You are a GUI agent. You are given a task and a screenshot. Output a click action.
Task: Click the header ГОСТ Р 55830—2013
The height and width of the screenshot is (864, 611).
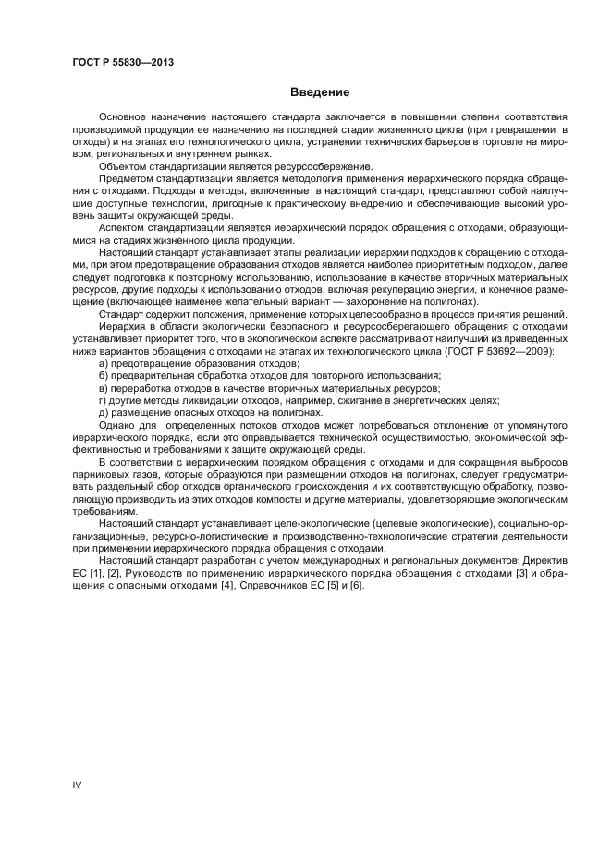click(123, 63)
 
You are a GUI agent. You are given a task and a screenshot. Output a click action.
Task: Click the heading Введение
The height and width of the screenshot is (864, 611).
click(319, 92)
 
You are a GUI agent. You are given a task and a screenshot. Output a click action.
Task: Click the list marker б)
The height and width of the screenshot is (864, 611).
click(104, 375)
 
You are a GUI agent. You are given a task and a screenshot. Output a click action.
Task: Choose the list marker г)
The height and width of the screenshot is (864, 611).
click(104, 400)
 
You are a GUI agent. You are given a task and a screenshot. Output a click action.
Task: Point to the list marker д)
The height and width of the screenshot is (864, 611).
click(104, 412)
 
